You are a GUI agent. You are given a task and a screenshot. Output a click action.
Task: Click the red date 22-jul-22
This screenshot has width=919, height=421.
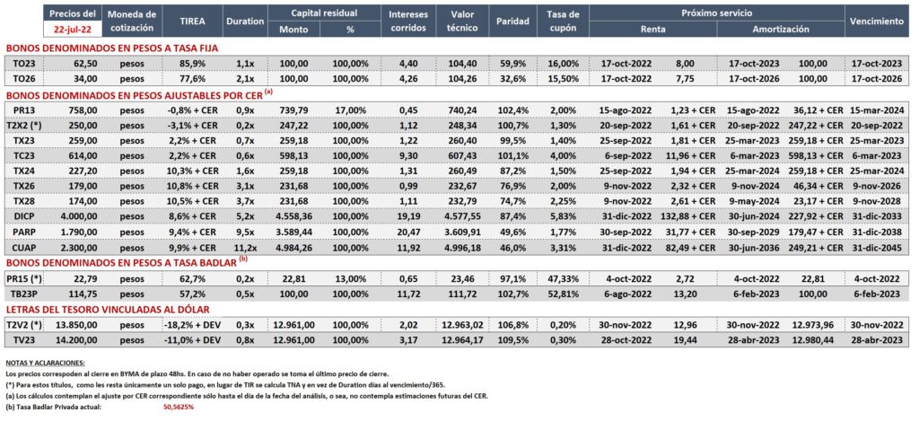tap(71, 28)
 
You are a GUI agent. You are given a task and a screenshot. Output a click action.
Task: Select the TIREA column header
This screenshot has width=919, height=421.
tap(192, 22)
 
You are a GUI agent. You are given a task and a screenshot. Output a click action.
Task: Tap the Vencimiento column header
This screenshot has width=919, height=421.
tap(877, 22)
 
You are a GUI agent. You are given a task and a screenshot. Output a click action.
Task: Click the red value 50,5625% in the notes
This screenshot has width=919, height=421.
tap(178, 407)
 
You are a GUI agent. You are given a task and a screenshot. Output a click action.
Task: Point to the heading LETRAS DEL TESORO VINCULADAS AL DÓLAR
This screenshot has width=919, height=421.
tap(108, 309)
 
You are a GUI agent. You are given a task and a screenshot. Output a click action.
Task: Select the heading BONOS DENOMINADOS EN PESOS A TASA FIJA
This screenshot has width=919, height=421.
tap(112, 48)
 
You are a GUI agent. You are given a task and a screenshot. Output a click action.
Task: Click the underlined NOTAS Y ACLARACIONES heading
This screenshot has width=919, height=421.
tap(45, 363)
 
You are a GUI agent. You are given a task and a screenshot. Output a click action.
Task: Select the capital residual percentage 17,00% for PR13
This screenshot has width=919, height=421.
tap(351, 109)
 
